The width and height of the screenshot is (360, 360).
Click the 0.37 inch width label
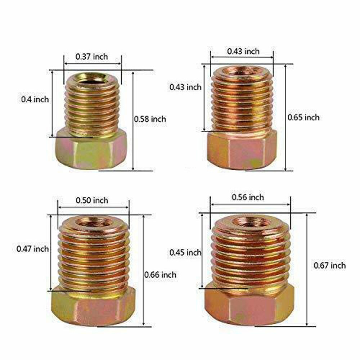(91, 57)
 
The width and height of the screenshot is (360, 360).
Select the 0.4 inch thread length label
(35, 99)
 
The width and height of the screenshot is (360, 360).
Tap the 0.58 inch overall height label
(150, 118)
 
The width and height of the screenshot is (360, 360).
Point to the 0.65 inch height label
(303, 117)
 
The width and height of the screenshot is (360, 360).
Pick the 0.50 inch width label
(91, 201)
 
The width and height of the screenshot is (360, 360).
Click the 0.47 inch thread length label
(32, 249)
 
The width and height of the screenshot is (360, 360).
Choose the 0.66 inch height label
(160, 275)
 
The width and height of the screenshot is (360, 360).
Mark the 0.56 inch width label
(248, 197)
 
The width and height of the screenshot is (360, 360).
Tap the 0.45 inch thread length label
(185, 253)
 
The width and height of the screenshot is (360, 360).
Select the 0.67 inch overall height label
(329, 266)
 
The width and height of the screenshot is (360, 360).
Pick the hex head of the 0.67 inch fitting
(248, 306)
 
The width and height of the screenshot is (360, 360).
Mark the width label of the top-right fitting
(243, 51)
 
